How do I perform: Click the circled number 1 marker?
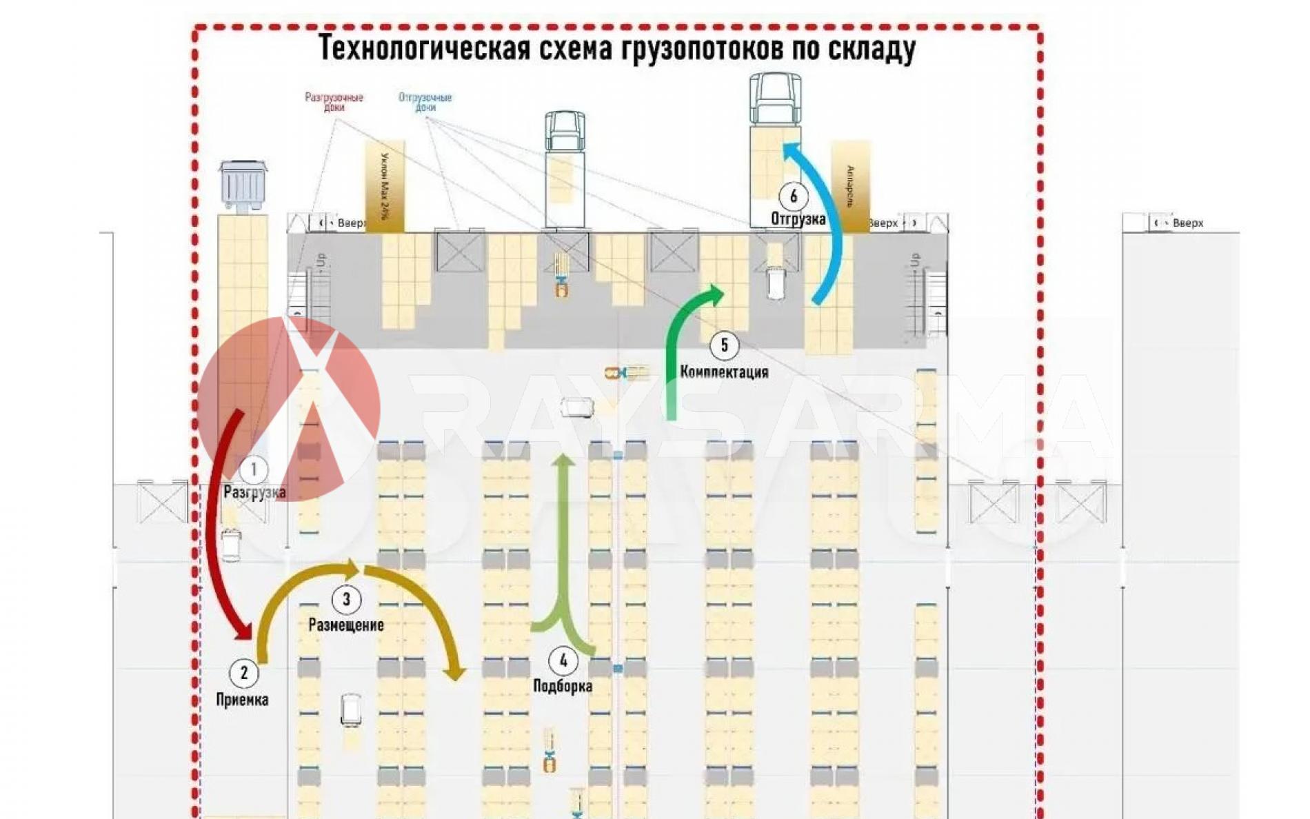pos(254,470)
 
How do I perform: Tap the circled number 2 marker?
pos(243,673)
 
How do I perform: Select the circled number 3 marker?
pos(346,600)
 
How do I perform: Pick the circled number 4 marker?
pos(563,661)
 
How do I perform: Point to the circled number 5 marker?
pos(724,345)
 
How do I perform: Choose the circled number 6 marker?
pos(794,196)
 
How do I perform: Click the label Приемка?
pos(242,700)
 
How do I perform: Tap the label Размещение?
pos(346,625)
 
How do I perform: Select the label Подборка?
pos(563,686)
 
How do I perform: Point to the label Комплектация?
pos(724,372)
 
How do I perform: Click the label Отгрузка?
pos(798,219)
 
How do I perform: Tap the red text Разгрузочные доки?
pos(334,102)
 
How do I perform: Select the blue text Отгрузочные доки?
pos(425,102)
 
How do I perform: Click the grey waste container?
pos(243,185)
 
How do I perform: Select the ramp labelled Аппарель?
pos(850,186)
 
